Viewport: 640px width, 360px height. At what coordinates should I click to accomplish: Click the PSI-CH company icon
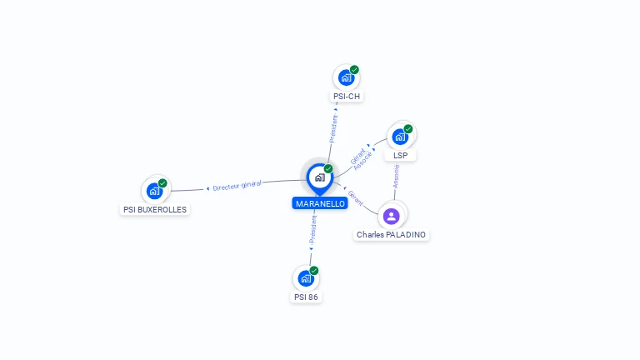[346, 77]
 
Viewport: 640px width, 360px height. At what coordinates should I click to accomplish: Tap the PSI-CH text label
[347, 97]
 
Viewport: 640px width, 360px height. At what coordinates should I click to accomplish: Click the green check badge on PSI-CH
[354, 70]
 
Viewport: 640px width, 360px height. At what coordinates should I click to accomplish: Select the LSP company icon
[400, 137]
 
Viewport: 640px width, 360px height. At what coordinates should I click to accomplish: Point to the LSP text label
[400, 156]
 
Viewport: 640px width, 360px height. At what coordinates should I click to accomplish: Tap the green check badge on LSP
[408, 129]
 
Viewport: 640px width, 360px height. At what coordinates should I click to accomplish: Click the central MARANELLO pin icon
[319, 177]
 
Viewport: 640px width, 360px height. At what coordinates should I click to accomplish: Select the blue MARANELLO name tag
[320, 203]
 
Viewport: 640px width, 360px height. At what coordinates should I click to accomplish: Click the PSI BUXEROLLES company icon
[154, 191]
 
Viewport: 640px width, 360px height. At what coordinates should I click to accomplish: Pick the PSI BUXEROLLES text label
[155, 210]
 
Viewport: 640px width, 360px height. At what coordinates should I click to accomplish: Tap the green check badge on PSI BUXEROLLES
[162, 183]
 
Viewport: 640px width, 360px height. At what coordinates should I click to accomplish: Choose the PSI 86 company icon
[306, 277]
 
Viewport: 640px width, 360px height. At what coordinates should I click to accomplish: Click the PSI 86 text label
[306, 297]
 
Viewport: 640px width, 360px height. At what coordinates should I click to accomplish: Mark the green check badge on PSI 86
[314, 270]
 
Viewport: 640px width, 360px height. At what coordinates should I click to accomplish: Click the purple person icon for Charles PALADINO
[392, 216]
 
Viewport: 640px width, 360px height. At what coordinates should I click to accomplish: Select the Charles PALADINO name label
[391, 235]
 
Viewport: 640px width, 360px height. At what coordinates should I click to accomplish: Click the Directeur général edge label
[237, 186]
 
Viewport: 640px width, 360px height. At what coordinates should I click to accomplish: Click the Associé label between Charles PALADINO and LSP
[397, 176]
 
